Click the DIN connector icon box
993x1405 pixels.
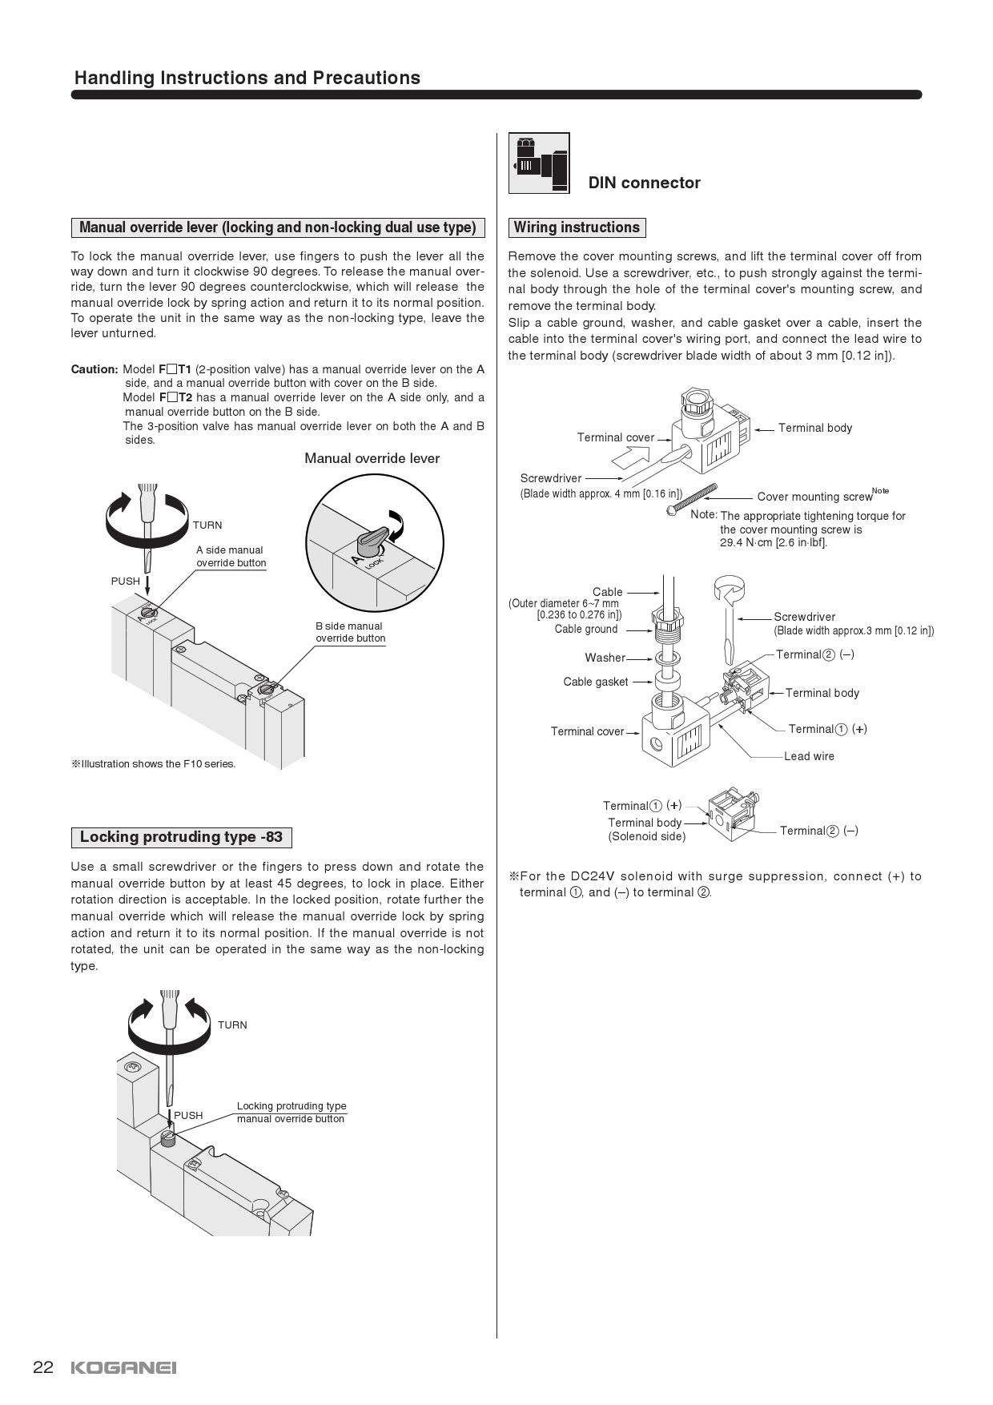click(x=539, y=163)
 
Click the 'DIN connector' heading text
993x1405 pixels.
click(x=644, y=183)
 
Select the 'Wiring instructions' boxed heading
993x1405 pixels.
click(x=577, y=227)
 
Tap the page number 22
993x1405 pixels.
click(x=42, y=1367)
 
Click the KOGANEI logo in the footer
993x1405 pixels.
click(x=123, y=1367)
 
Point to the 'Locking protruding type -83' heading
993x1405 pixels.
click(x=181, y=837)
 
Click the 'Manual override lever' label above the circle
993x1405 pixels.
click(x=372, y=458)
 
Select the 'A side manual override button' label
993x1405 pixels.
click(x=231, y=556)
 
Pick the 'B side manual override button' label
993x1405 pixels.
click(x=350, y=632)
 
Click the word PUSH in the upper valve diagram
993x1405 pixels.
click(x=125, y=581)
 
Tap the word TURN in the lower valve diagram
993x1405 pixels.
click(x=232, y=1025)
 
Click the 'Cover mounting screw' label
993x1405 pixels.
click(x=814, y=497)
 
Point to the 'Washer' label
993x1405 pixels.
click(x=605, y=658)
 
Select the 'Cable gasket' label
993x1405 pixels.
click(x=596, y=682)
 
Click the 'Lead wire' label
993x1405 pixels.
click(x=809, y=756)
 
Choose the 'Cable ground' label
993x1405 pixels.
click(x=586, y=629)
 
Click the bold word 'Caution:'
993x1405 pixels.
click(x=94, y=369)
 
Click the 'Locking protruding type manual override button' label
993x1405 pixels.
click(x=291, y=1112)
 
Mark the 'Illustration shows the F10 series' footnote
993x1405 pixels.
click(x=154, y=763)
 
